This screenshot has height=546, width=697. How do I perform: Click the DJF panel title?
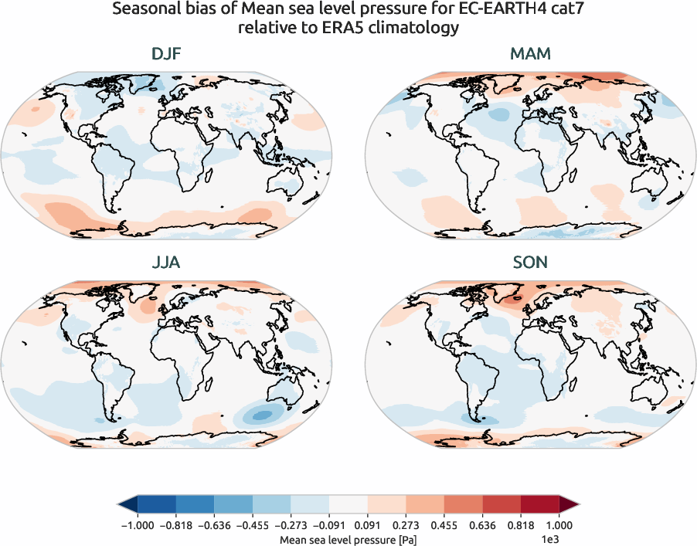166,55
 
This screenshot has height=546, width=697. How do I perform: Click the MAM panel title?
531,55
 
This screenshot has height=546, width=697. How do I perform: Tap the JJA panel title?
166,263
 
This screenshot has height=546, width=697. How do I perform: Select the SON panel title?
531,263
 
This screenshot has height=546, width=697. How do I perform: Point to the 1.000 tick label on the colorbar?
559,524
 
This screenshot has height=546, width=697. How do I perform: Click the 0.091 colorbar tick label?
367,524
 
